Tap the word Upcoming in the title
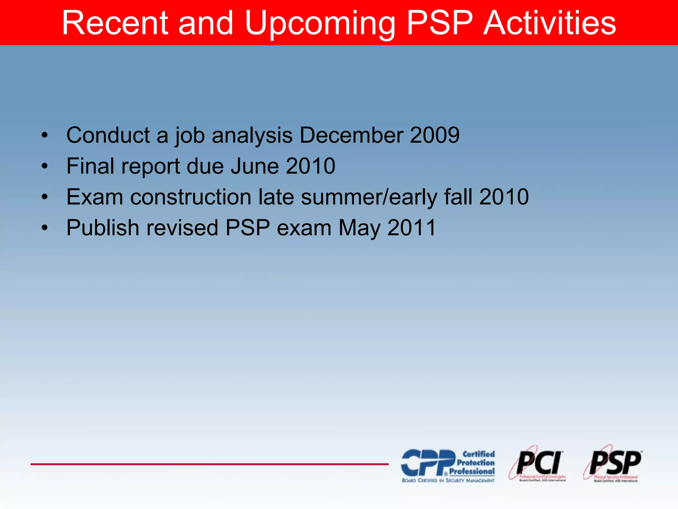click(x=320, y=23)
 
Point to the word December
click(x=351, y=135)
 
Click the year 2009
click(x=435, y=135)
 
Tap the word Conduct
click(x=108, y=135)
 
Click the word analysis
click(x=252, y=136)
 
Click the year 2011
click(x=412, y=228)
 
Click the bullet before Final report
click(x=45, y=166)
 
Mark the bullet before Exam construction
click(x=45, y=197)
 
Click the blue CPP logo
click(x=448, y=465)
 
